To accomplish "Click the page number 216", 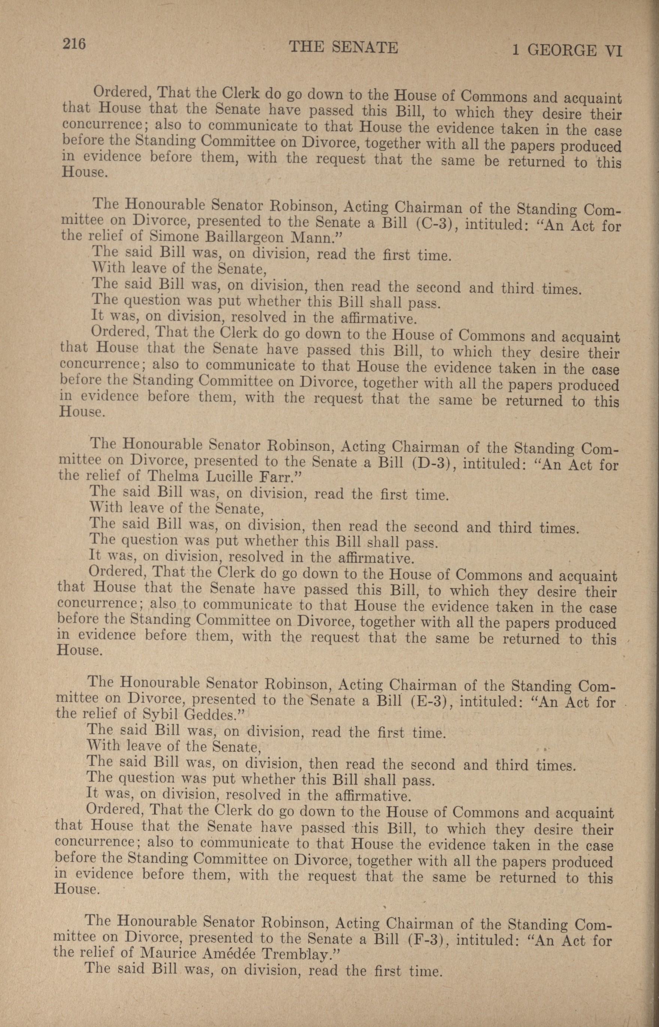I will pos(75,44).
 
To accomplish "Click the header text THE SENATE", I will pos(344,47).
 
